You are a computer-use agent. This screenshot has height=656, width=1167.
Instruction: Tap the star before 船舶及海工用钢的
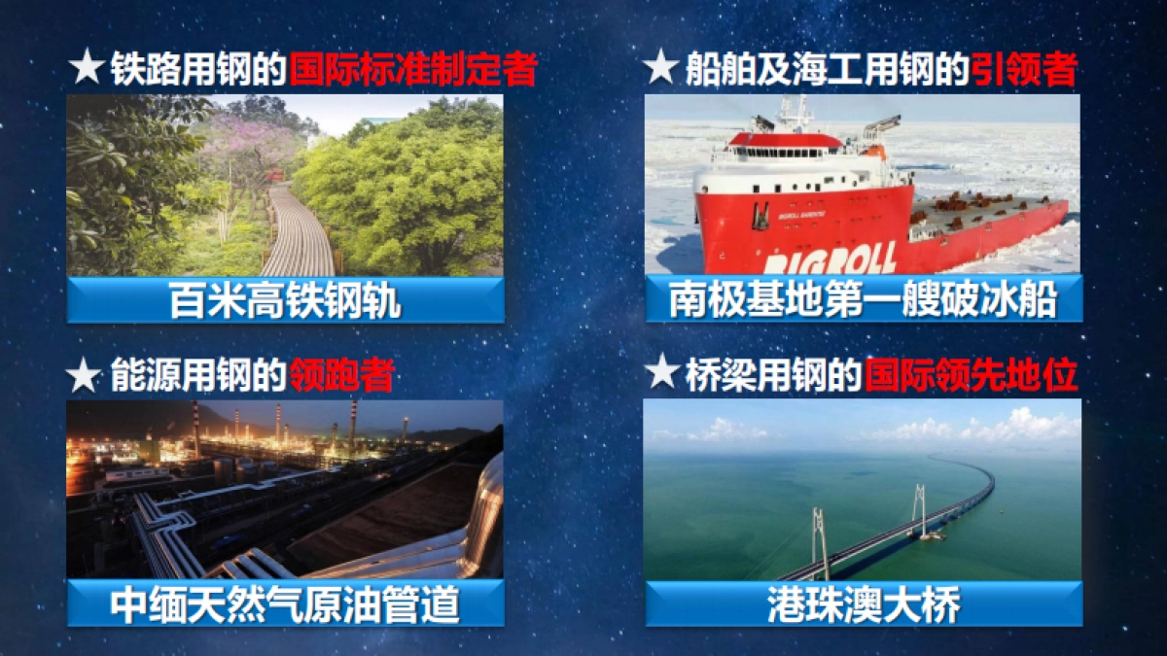661,69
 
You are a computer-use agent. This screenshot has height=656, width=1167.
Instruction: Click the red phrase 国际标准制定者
413,70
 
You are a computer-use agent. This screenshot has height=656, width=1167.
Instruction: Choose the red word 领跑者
341,374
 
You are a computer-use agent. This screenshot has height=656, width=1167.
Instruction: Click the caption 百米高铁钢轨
285,301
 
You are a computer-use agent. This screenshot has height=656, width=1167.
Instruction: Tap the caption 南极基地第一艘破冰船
863,300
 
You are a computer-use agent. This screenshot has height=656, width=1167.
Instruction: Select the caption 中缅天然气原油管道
285,605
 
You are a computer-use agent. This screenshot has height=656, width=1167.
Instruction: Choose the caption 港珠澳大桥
863,604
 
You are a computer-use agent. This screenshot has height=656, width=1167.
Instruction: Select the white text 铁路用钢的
198,70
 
